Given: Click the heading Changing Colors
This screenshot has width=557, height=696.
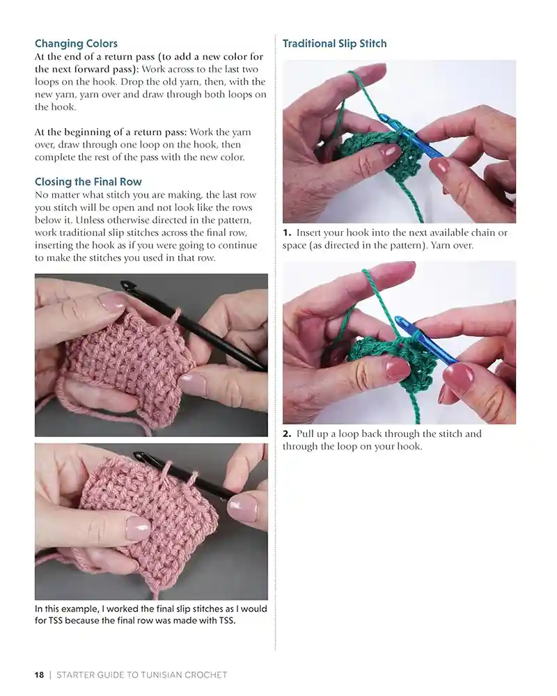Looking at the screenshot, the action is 76,43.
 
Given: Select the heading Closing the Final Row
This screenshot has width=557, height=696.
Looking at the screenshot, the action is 88,182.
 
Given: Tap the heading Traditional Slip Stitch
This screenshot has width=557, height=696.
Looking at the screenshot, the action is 334,43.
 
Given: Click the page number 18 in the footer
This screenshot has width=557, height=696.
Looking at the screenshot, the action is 39,674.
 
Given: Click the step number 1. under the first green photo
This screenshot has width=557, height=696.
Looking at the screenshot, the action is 287,232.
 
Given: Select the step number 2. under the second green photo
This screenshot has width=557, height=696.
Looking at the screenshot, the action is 287,434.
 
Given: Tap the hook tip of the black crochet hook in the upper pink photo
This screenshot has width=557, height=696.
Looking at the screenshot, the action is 126,284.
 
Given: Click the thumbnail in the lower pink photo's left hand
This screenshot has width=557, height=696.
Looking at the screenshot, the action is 138,528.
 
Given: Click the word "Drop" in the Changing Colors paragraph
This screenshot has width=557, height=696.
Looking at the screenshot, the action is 132,82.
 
